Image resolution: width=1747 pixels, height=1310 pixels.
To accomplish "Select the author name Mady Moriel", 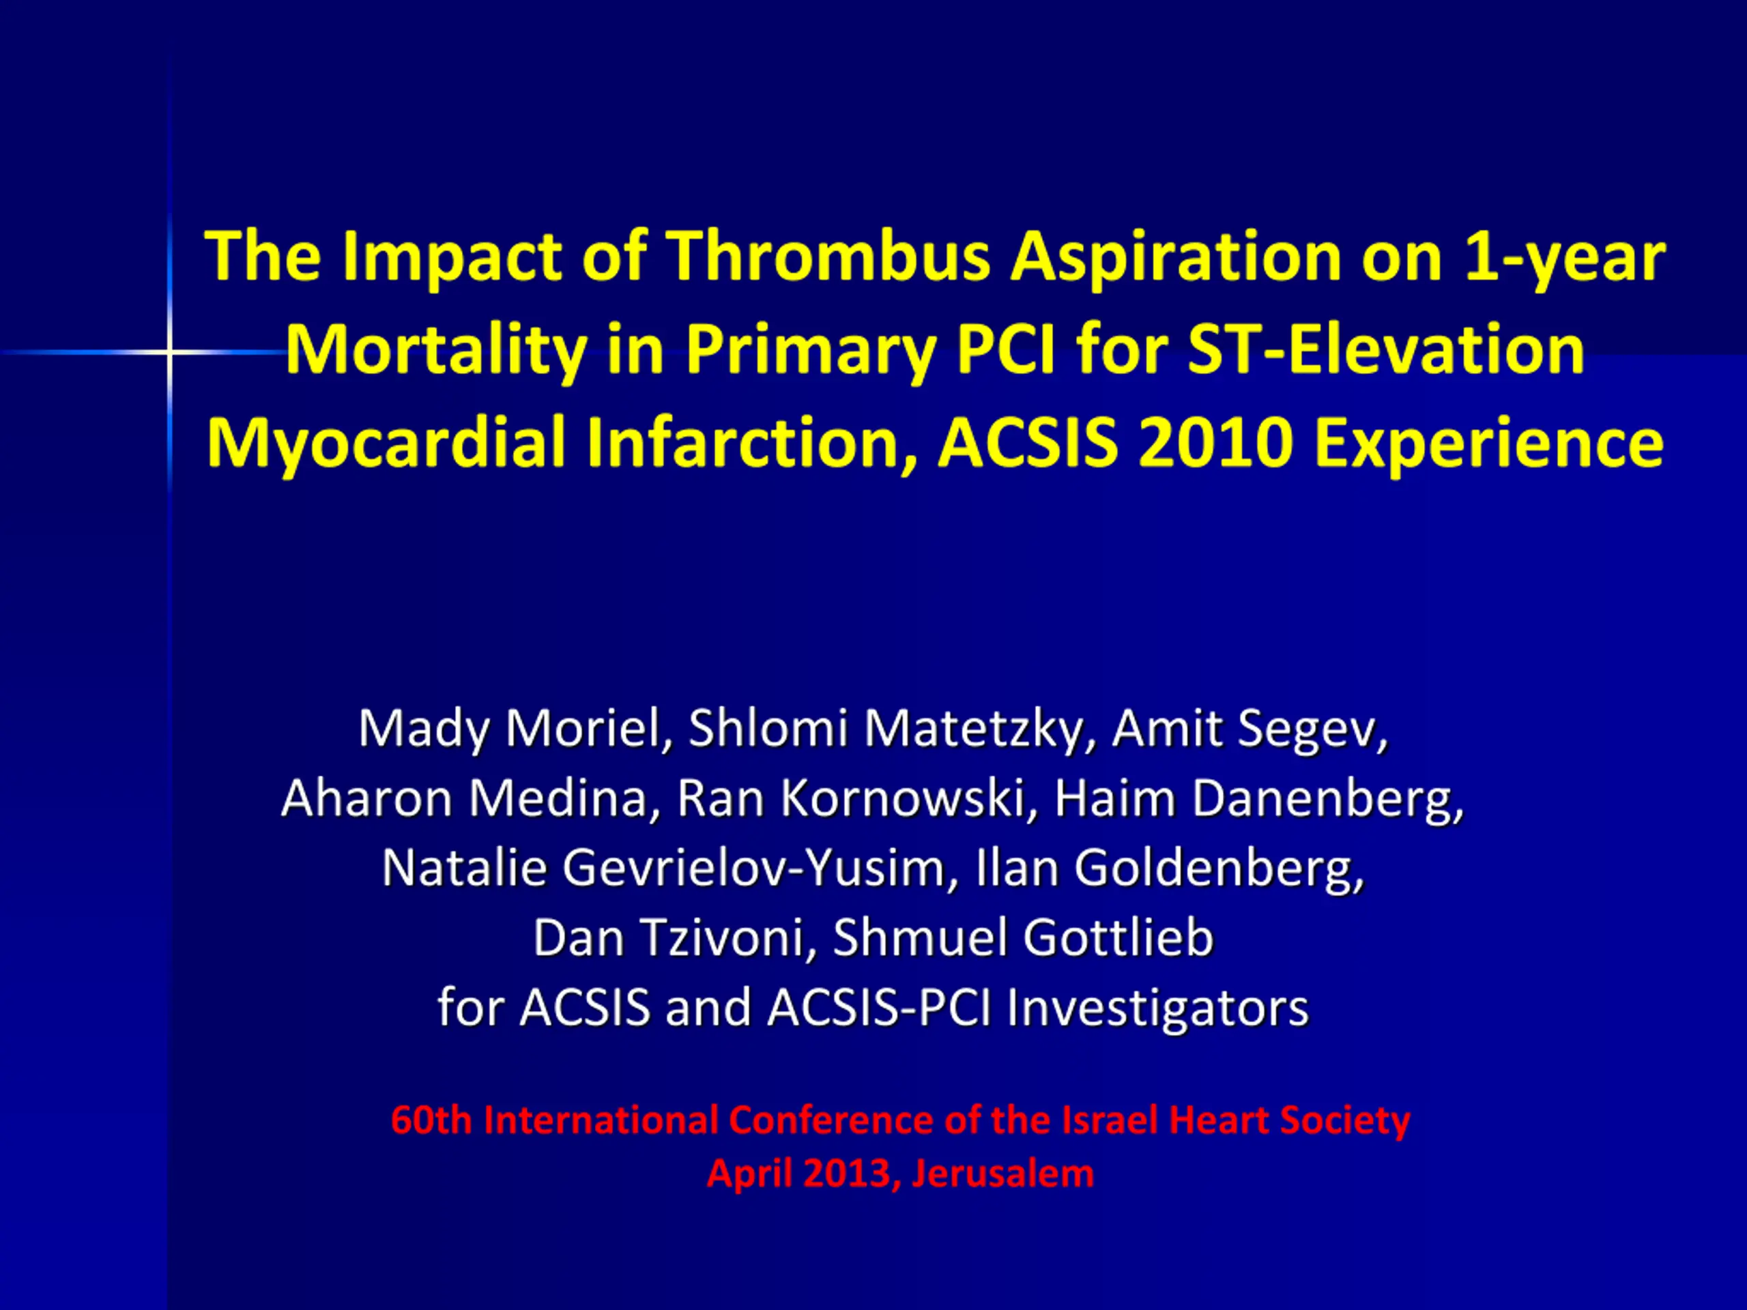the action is pos(509,728).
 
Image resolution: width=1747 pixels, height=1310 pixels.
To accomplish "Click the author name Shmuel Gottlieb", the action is pos(1023,937).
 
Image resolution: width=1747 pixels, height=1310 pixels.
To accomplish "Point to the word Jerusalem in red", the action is pos(1003,1174).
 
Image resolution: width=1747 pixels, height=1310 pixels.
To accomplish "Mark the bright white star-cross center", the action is pos(169,352).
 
